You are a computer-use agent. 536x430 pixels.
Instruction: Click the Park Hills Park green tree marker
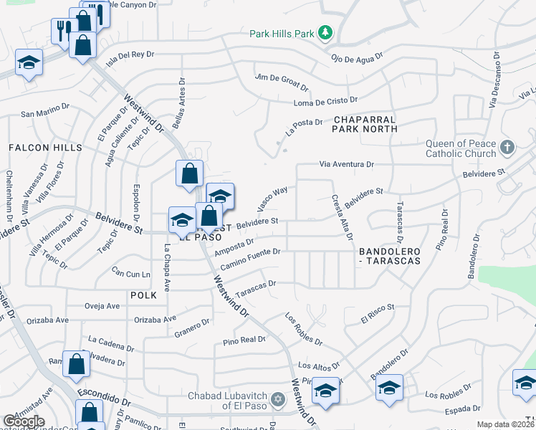[326, 32]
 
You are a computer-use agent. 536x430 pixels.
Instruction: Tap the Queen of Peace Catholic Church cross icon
[507, 148]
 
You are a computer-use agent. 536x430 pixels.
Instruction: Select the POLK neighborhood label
[143, 295]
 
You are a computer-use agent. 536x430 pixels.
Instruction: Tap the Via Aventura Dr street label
[347, 164]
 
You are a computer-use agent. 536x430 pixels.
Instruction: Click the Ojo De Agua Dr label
[357, 55]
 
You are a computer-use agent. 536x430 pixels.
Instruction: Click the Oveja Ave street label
[102, 306]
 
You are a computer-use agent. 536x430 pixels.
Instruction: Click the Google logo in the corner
[24, 421]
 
